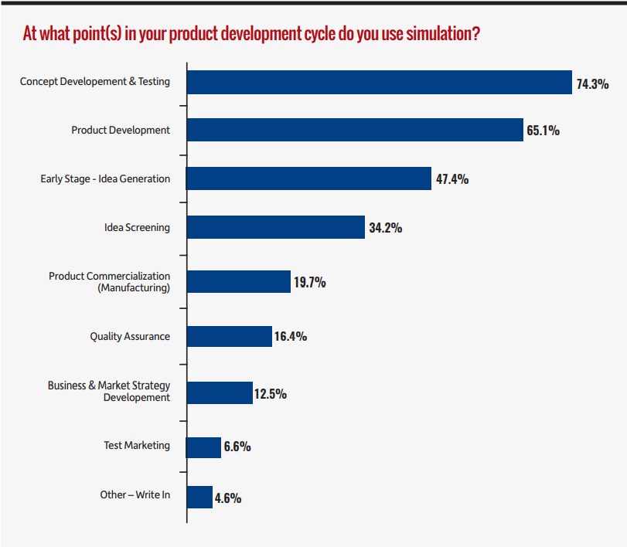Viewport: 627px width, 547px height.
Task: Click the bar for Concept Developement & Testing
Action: click(379, 83)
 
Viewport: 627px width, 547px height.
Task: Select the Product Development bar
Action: click(355, 130)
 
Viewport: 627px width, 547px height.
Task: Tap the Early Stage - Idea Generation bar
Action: click(308, 178)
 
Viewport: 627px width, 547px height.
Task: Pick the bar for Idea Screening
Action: click(275, 227)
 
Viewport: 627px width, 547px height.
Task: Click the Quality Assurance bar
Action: click(229, 336)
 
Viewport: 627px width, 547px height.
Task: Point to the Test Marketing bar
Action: click(203, 447)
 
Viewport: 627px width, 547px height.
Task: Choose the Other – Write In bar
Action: click(199, 497)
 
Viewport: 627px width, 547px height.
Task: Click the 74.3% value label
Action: click(592, 83)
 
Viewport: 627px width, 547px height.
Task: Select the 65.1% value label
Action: click(543, 131)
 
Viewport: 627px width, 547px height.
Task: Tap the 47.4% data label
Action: click(452, 179)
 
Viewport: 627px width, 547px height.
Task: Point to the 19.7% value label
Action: click(309, 283)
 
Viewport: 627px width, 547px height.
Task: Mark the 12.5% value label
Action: click(271, 394)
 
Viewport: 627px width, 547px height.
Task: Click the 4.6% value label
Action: click(228, 498)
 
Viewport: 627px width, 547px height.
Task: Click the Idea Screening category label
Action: click(137, 227)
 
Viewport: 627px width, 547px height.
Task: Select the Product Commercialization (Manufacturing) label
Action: click(109, 281)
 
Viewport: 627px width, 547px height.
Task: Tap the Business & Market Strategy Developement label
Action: click(109, 391)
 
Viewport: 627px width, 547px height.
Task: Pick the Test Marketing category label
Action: click(137, 446)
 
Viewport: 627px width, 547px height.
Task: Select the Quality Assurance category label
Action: click(130, 336)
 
